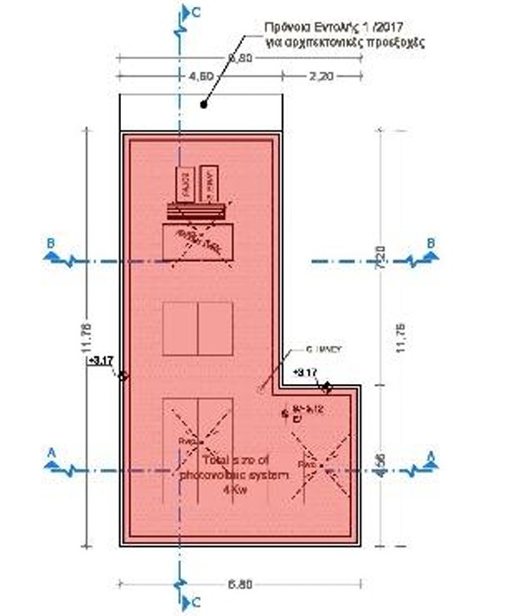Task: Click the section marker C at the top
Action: point(195,11)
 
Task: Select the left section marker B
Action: point(52,245)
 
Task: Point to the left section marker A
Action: point(52,452)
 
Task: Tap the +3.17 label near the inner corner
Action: point(307,372)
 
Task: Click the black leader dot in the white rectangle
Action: point(203,106)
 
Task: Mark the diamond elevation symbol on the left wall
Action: point(122,375)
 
